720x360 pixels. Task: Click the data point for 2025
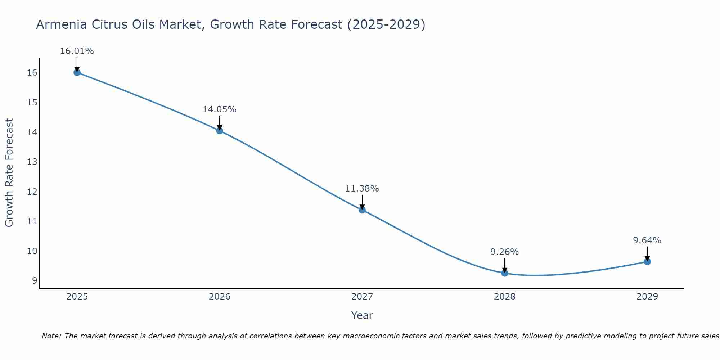click(77, 72)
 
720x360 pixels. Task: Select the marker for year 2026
click(220, 131)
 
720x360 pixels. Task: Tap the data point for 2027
click(362, 210)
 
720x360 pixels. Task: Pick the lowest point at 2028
click(505, 273)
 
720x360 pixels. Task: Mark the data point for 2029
click(647, 262)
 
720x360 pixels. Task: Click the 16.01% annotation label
click(77, 51)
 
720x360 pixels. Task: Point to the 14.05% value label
click(219, 109)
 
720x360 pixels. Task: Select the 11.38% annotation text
click(362, 189)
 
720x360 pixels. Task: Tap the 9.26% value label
click(504, 252)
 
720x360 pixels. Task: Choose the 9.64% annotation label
click(647, 240)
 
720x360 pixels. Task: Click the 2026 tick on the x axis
click(220, 297)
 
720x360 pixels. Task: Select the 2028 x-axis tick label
click(505, 297)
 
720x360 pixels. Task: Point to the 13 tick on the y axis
click(32, 162)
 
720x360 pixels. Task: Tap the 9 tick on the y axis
click(35, 281)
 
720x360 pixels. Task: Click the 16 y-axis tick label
click(32, 73)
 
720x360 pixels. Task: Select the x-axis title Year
click(362, 315)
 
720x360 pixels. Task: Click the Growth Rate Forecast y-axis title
click(9, 173)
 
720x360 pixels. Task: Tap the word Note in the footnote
click(51, 336)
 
